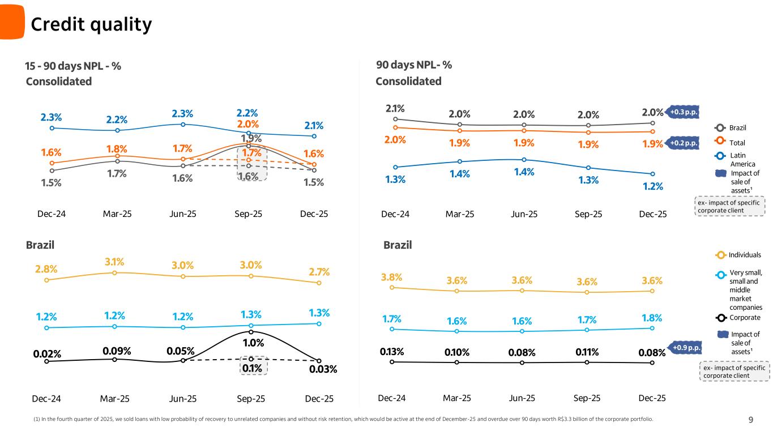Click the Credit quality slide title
[x=91, y=24]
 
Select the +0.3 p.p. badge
[x=685, y=112]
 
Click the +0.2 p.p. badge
[x=685, y=143]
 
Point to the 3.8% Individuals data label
[x=391, y=277]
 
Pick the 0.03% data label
[x=323, y=369]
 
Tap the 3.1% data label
[x=114, y=262]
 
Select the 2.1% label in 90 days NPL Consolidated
[x=395, y=108]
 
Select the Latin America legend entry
[x=738, y=159]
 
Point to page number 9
[x=751, y=420]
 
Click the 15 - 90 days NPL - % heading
[x=73, y=66]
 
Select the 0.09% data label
[x=118, y=351]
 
